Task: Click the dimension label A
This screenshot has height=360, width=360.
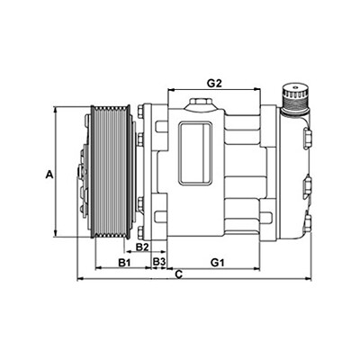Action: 49,175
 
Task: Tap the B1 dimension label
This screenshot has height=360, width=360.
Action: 123,263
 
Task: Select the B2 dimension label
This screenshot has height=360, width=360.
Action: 142,247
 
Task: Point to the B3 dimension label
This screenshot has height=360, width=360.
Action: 159,262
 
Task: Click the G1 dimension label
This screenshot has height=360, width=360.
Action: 218,263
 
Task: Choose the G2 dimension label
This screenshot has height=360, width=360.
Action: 214,83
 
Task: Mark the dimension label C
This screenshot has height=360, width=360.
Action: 179,274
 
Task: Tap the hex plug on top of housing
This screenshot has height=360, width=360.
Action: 199,103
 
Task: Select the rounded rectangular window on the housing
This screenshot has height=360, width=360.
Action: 196,153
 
